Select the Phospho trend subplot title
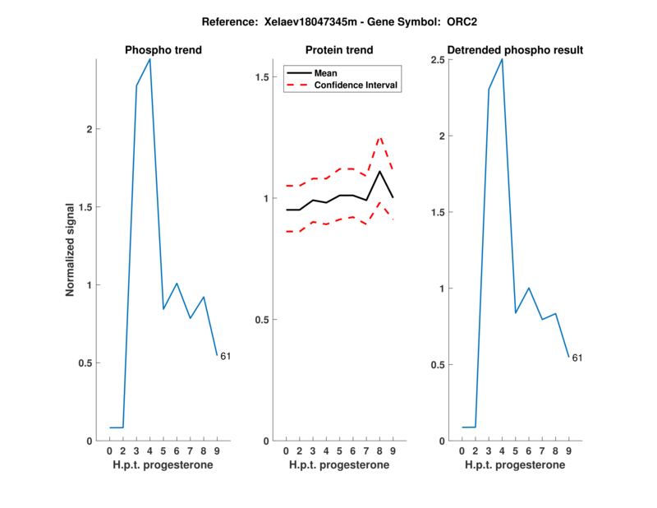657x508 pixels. coord(163,51)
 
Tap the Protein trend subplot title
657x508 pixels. coord(339,51)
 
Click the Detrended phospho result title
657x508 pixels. coord(515,51)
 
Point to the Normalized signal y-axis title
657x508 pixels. coord(71,249)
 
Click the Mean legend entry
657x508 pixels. coord(326,73)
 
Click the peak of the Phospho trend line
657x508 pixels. coord(149,59)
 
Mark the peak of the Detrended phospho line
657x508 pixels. coord(502,59)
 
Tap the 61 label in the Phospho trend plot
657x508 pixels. coord(225,356)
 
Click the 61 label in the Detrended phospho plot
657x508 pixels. coord(577,358)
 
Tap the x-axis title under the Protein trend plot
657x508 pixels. coord(339,464)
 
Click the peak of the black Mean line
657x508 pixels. coord(380,171)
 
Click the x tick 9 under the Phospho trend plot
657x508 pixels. coord(217,451)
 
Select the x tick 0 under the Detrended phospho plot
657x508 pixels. coord(462,451)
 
